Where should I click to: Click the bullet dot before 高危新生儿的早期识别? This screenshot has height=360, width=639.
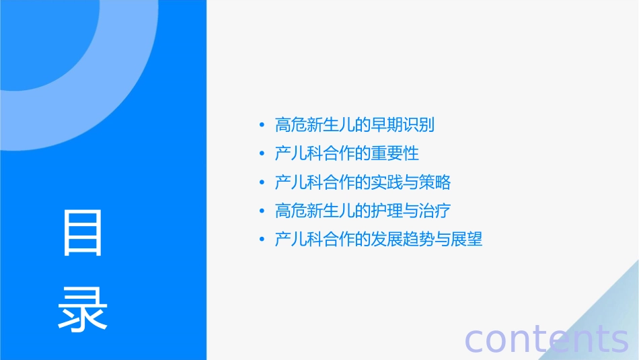[x=262, y=125]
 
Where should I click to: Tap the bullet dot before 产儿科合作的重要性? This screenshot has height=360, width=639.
[x=262, y=154]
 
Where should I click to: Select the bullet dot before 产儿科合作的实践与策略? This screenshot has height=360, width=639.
[x=262, y=182]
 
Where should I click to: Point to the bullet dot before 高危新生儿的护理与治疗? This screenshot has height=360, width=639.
[x=262, y=211]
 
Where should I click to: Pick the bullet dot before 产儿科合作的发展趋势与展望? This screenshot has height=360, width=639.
[x=262, y=240]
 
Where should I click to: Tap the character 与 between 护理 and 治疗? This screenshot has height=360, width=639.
[x=410, y=211]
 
